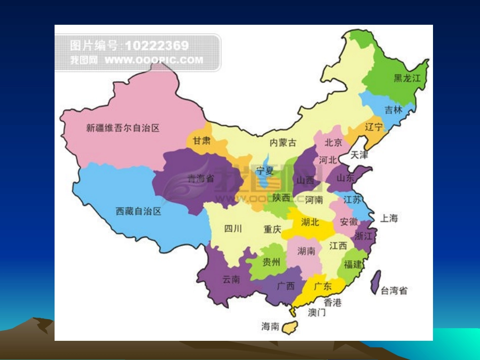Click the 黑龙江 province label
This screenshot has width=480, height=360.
pos(407,78)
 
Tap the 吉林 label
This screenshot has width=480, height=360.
pos(393,110)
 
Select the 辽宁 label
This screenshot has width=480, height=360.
pos(374,127)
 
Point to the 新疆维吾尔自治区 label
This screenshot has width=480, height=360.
pos(123,128)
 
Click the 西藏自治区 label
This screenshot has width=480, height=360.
pos(138,211)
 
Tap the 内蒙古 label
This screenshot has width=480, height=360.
pos(283,143)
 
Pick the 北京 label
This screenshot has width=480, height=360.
pos(333,143)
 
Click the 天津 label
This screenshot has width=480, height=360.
pos(359,155)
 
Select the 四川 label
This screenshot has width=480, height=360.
pos(233,229)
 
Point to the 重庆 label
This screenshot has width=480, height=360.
pos(272,229)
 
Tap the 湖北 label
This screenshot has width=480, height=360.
pos(310,222)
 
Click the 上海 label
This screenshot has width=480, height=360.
pos(389,218)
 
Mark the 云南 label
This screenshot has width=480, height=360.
pos(231,279)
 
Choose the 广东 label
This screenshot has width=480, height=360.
pos(323,286)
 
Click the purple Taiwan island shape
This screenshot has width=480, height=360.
pos(375,282)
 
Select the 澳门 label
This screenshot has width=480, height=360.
pos(317,313)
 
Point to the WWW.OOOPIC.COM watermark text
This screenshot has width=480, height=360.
pos(154,60)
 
